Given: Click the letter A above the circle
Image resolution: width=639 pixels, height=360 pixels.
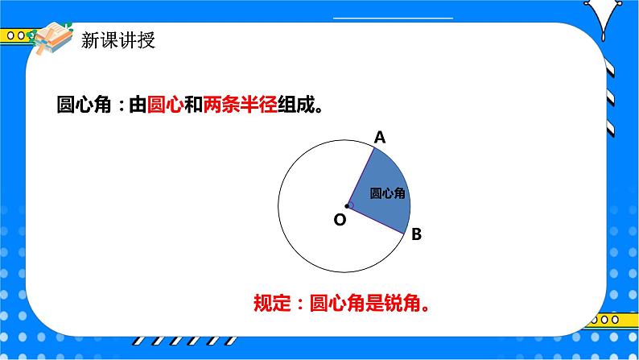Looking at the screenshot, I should tap(381, 138).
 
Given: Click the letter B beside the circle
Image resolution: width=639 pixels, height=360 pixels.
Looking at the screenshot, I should tap(416, 235).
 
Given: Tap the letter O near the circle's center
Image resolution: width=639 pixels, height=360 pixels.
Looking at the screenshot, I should tap(339, 219).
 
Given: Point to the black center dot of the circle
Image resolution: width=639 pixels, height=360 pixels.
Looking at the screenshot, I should tap(347, 205).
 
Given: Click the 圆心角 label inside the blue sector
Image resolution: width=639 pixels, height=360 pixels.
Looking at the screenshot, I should tap(387, 193).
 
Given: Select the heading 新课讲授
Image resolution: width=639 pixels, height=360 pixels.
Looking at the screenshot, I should tap(118, 41).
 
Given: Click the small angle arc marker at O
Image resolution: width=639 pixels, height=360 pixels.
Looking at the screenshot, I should tap(352, 205).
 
